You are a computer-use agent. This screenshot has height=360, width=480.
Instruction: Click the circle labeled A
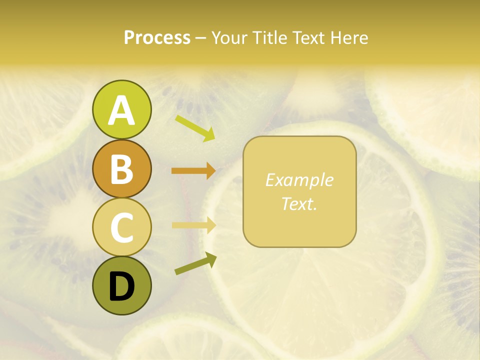pyautogui.click(x=121, y=110)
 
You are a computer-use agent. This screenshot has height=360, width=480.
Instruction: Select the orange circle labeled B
pyautogui.click(x=121, y=169)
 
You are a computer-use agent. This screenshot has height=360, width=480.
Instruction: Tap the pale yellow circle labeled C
pyautogui.click(x=121, y=227)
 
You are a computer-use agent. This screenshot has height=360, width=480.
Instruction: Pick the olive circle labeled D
pyautogui.click(x=121, y=286)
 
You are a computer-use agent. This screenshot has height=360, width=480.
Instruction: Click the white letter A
pyautogui.click(x=121, y=110)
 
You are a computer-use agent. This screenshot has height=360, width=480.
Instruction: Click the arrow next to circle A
pyautogui.click(x=195, y=128)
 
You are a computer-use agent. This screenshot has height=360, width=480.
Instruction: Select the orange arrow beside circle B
pyautogui.click(x=193, y=170)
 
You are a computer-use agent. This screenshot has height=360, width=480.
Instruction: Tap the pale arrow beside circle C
pyautogui.click(x=193, y=225)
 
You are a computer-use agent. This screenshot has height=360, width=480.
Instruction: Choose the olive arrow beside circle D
pyautogui.click(x=195, y=264)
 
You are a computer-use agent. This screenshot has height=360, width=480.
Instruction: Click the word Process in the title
pyautogui.click(x=157, y=37)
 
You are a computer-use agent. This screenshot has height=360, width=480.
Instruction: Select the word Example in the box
pyautogui.click(x=299, y=180)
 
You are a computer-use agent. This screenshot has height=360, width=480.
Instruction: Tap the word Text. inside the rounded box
pyautogui.click(x=299, y=203)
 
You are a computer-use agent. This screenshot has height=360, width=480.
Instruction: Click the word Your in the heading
pyautogui.click(x=230, y=37)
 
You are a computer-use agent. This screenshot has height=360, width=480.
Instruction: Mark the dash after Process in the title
pyautogui.click(x=201, y=38)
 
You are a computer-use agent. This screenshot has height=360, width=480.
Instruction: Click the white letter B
pyautogui.click(x=121, y=169)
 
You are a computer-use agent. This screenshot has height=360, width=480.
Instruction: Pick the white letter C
pyautogui.click(x=121, y=228)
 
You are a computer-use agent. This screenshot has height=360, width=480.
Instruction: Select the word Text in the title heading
pyautogui.click(x=307, y=37)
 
